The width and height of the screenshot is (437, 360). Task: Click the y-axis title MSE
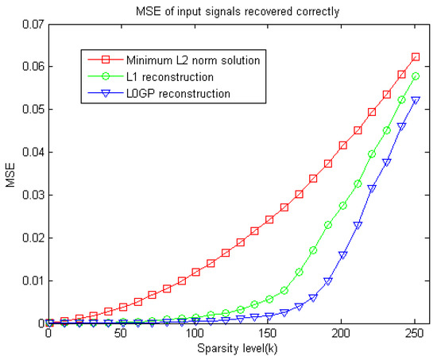tap(10, 173)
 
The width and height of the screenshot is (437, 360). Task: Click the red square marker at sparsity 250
tap(416, 57)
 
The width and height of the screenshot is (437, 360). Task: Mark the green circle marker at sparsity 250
tap(416, 76)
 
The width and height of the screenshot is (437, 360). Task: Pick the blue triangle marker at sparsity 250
tap(416, 100)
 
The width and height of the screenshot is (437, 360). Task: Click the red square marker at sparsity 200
tap(342, 145)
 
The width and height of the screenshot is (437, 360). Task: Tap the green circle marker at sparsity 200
tap(342, 205)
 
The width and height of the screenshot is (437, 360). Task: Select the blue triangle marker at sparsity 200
tap(342, 255)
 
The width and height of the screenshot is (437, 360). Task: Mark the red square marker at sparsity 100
tap(195, 272)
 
